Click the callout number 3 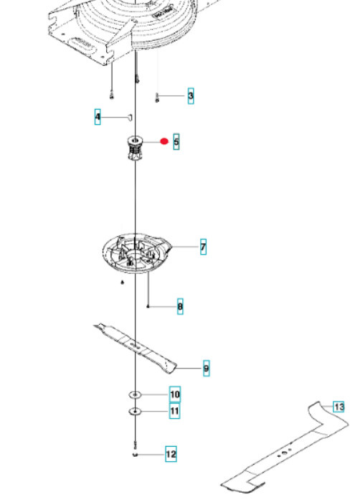[191, 95]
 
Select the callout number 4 [98, 116]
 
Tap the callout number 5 [176, 142]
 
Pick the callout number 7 [203, 247]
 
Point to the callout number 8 [180, 307]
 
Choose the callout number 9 [206, 369]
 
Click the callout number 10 [175, 394]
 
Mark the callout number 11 [175, 412]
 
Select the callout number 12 [171, 454]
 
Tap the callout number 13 [339, 407]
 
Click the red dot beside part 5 [164, 141]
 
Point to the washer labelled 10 [136, 395]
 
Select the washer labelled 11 [135, 412]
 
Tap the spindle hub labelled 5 [134, 148]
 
